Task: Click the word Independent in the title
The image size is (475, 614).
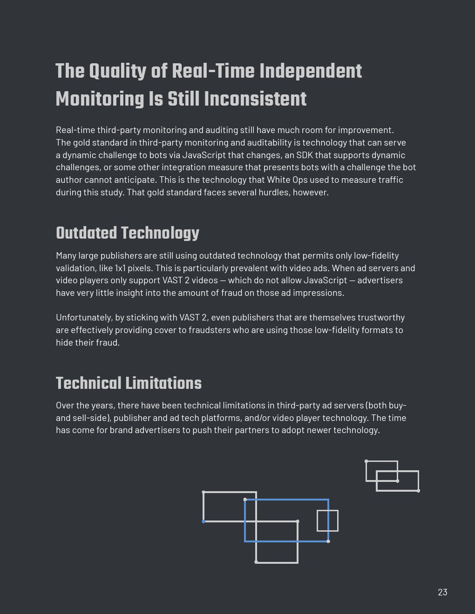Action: point(311,72)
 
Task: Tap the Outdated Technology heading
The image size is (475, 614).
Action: point(128,234)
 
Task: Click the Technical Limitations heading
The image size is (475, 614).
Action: point(129,384)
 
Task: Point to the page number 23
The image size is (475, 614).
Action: point(442,592)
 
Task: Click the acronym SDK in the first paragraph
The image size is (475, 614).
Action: point(305,155)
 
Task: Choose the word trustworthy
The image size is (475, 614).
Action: point(380,317)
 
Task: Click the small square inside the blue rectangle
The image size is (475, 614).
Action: point(327,521)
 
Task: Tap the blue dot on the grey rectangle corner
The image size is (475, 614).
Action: point(204,521)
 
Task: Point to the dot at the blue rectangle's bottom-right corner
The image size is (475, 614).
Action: point(328,541)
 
